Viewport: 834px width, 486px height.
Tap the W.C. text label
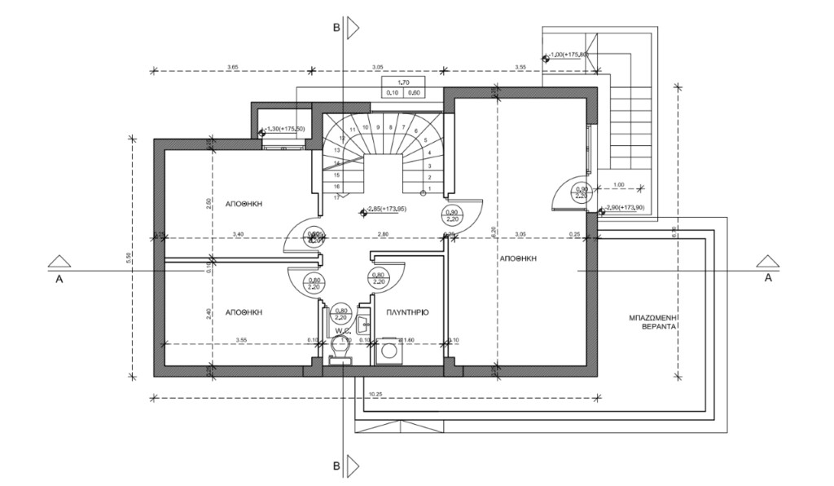point(340,330)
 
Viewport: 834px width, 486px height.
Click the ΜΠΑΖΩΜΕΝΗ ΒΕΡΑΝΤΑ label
point(654,318)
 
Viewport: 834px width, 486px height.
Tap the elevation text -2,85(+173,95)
point(388,210)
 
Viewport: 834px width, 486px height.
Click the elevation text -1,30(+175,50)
point(286,130)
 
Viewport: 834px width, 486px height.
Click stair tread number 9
point(378,127)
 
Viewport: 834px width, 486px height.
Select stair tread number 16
point(336,185)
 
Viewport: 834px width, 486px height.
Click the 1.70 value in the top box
point(402,82)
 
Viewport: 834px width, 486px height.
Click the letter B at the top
point(336,27)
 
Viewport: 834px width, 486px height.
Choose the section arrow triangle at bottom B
point(353,466)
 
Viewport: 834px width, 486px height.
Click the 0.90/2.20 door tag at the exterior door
point(582,192)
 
